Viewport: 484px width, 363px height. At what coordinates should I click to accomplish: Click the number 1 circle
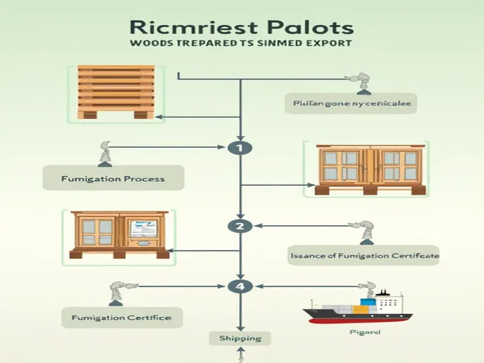click(x=241, y=148)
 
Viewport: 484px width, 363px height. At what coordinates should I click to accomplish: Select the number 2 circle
click(x=240, y=226)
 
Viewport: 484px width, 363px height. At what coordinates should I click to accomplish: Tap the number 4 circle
click(x=240, y=287)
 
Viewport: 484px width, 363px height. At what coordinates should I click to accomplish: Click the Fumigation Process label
click(x=113, y=178)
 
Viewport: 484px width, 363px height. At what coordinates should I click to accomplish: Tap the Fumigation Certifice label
click(x=121, y=317)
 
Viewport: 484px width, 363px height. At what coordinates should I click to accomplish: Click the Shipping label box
click(x=240, y=338)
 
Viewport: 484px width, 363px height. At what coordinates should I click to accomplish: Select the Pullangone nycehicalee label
click(x=351, y=103)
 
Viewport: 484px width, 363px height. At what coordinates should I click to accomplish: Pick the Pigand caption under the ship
click(x=366, y=332)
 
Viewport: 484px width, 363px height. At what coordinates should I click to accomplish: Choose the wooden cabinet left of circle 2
click(x=118, y=234)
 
